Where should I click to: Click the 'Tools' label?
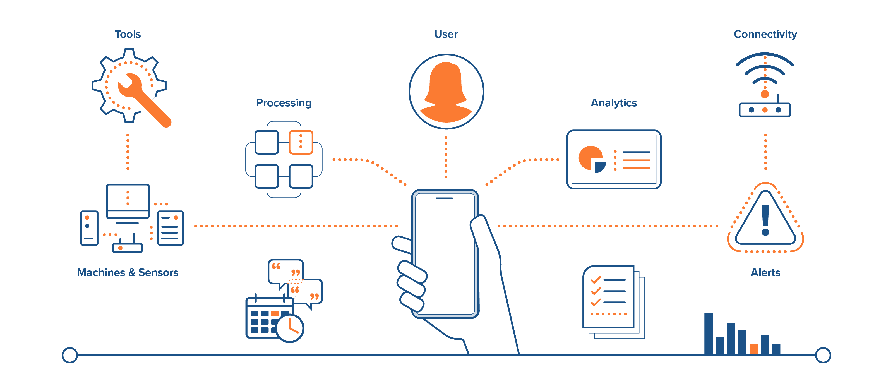[x=128, y=34]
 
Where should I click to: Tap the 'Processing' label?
[x=284, y=103]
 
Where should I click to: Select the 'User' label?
[x=446, y=34]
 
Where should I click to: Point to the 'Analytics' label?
[x=614, y=103]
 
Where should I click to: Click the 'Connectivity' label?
[x=765, y=34]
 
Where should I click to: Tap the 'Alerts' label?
[x=765, y=272]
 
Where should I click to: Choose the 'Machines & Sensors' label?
[x=128, y=272]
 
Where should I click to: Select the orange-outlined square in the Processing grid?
[x=301, y=142]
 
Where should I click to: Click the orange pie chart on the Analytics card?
[x=589, y=157]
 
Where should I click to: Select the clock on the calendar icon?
[x=290, y=328]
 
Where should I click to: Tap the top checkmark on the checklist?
[x=596, y=280]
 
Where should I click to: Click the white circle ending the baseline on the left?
[x=70, y=355]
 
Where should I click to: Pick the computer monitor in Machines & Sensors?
[x=128, y=201]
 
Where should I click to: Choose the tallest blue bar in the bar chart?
[x=708, y=334]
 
